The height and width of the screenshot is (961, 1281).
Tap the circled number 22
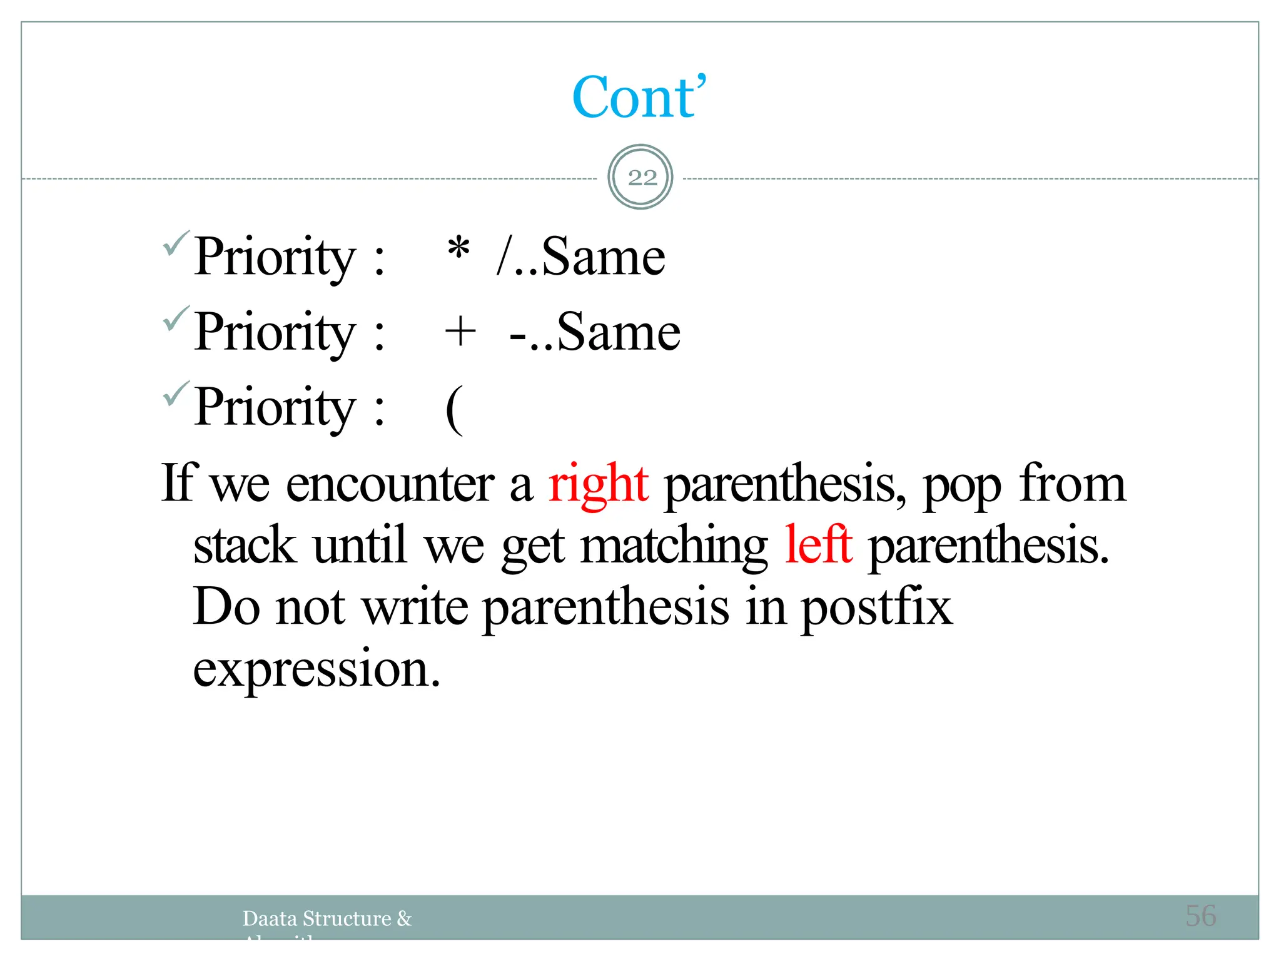641,178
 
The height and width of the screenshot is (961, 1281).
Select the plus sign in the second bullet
460,331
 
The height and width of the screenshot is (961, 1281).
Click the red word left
818,545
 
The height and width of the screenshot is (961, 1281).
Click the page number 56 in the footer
1200,916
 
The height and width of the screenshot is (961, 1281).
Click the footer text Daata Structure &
327,918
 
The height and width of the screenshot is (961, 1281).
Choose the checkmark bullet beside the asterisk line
176,244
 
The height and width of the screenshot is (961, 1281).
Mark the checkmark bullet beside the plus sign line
176,319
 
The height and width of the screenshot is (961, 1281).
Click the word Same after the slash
603,257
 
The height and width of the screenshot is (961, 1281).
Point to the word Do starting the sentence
226,607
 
